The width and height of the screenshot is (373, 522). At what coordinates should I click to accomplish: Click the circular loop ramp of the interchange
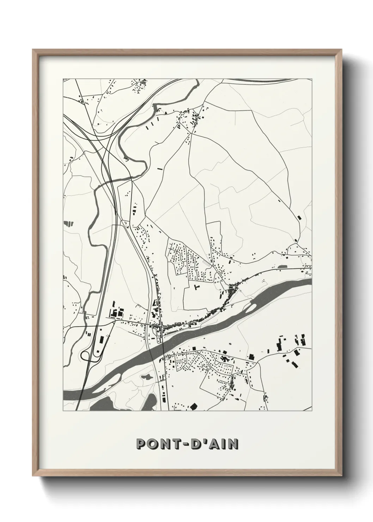pyautogui.click(x=86, y=356)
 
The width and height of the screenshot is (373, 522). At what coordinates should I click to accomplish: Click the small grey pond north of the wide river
pyautogui.click(x=283, y=267)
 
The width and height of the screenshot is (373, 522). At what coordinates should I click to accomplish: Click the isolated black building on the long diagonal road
pyautogui.click(x=300, y=217)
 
